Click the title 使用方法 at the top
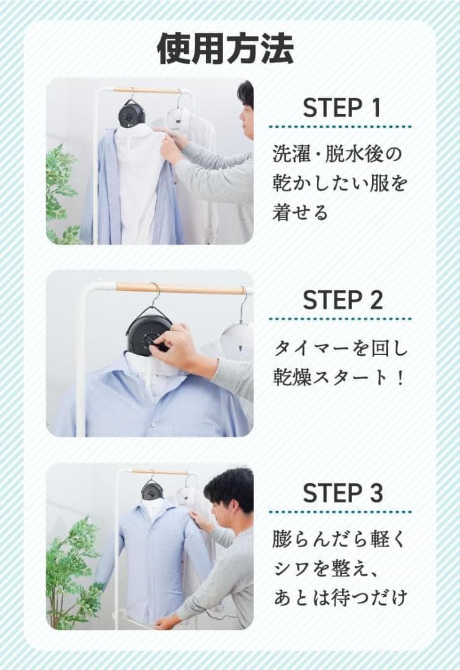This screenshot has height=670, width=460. coord(226,48)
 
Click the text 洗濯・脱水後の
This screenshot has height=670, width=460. coord(337,154)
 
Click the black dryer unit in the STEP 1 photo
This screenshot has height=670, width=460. coord(131,114)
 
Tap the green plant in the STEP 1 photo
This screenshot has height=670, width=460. coord(62,186)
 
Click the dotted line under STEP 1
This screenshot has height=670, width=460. coord(340,127)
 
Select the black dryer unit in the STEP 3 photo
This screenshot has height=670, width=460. coord(152,490)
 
